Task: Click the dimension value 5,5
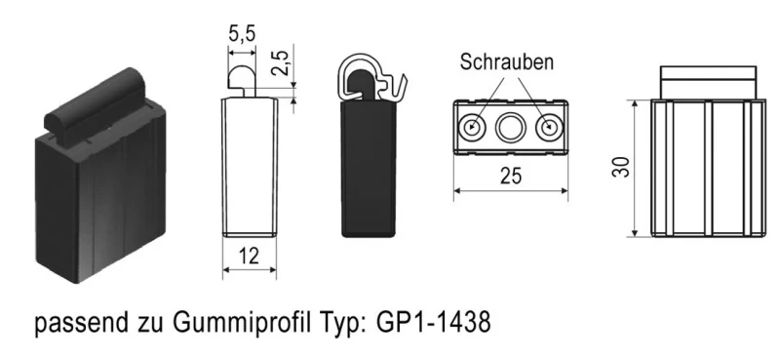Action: coord(243,33)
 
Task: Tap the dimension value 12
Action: coord(250,258)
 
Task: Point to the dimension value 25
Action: coord(511,176)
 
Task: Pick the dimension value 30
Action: coord(620,166)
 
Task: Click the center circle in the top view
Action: coord(511,127)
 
